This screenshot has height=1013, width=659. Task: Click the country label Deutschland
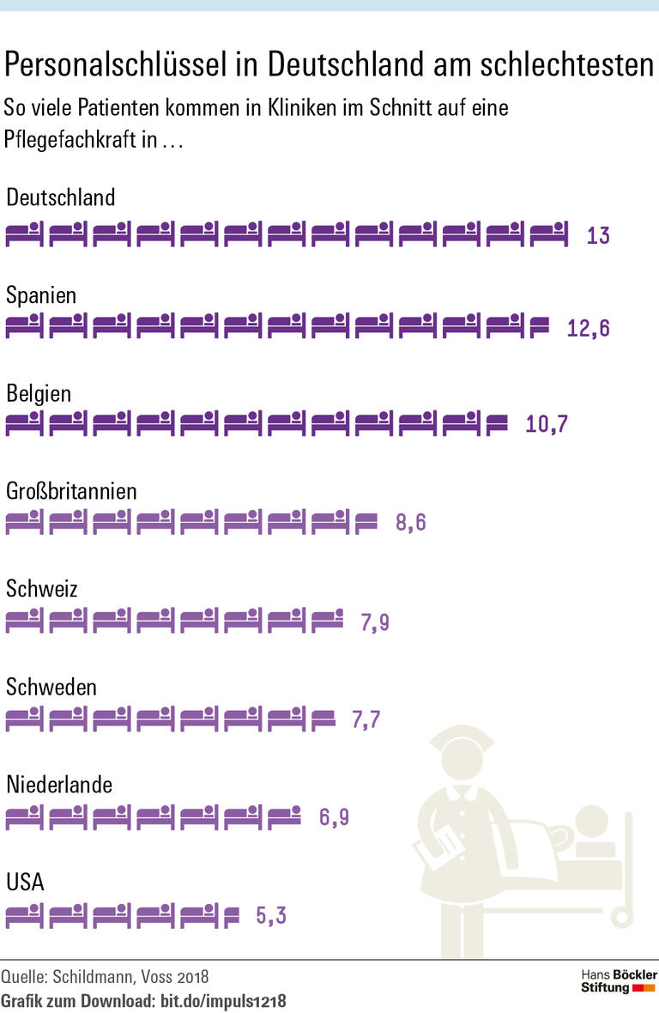pos(60,197)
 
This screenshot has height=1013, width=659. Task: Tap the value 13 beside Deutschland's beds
pos(598,235)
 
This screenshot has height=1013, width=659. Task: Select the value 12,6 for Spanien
pos(589,328)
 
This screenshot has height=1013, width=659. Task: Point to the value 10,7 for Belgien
pos(547,424)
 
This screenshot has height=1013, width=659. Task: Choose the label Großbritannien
pos(71,491)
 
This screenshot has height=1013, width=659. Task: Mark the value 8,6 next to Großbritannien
pos(411,522)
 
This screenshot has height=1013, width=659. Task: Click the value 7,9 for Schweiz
pos(375,622)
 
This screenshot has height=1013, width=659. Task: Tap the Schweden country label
pos(51,687)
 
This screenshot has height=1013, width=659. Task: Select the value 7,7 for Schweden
pos(366,719)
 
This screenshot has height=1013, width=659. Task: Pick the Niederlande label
pos(59,785)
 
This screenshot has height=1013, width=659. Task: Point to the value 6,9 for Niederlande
pos(334,817)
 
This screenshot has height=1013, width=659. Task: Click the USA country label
pos(26,883)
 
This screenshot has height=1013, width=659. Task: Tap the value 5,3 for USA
pos(271,915)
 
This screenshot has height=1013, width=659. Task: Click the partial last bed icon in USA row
pos(231,916)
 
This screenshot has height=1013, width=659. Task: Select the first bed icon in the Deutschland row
pos(24,234)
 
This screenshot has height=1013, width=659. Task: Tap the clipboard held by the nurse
pos(437,849)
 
